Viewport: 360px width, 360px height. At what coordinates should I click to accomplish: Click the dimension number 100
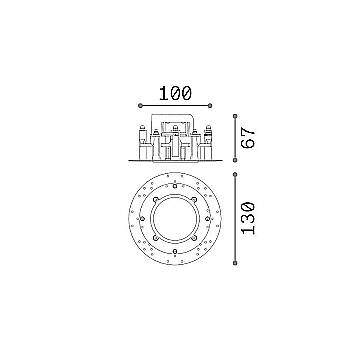(x=175, y=93)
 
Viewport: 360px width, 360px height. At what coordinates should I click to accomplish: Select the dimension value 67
(x=249, y=137)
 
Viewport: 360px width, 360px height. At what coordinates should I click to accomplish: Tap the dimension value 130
(x=249, y=218)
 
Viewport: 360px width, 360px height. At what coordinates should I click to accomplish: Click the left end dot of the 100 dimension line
(x=140, y=106)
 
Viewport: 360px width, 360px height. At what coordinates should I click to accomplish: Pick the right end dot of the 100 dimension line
(x=210, y=106)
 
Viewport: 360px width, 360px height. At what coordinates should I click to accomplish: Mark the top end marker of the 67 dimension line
(x=235, y=116)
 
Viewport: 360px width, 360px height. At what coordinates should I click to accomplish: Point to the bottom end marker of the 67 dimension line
(x=235, y=160)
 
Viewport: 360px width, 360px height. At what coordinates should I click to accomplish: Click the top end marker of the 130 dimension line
(x=235, y=174)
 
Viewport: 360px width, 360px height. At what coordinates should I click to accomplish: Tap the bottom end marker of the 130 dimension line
(x=235, y=263)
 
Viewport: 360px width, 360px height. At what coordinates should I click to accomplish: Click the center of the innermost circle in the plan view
(x=175, y=219)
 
